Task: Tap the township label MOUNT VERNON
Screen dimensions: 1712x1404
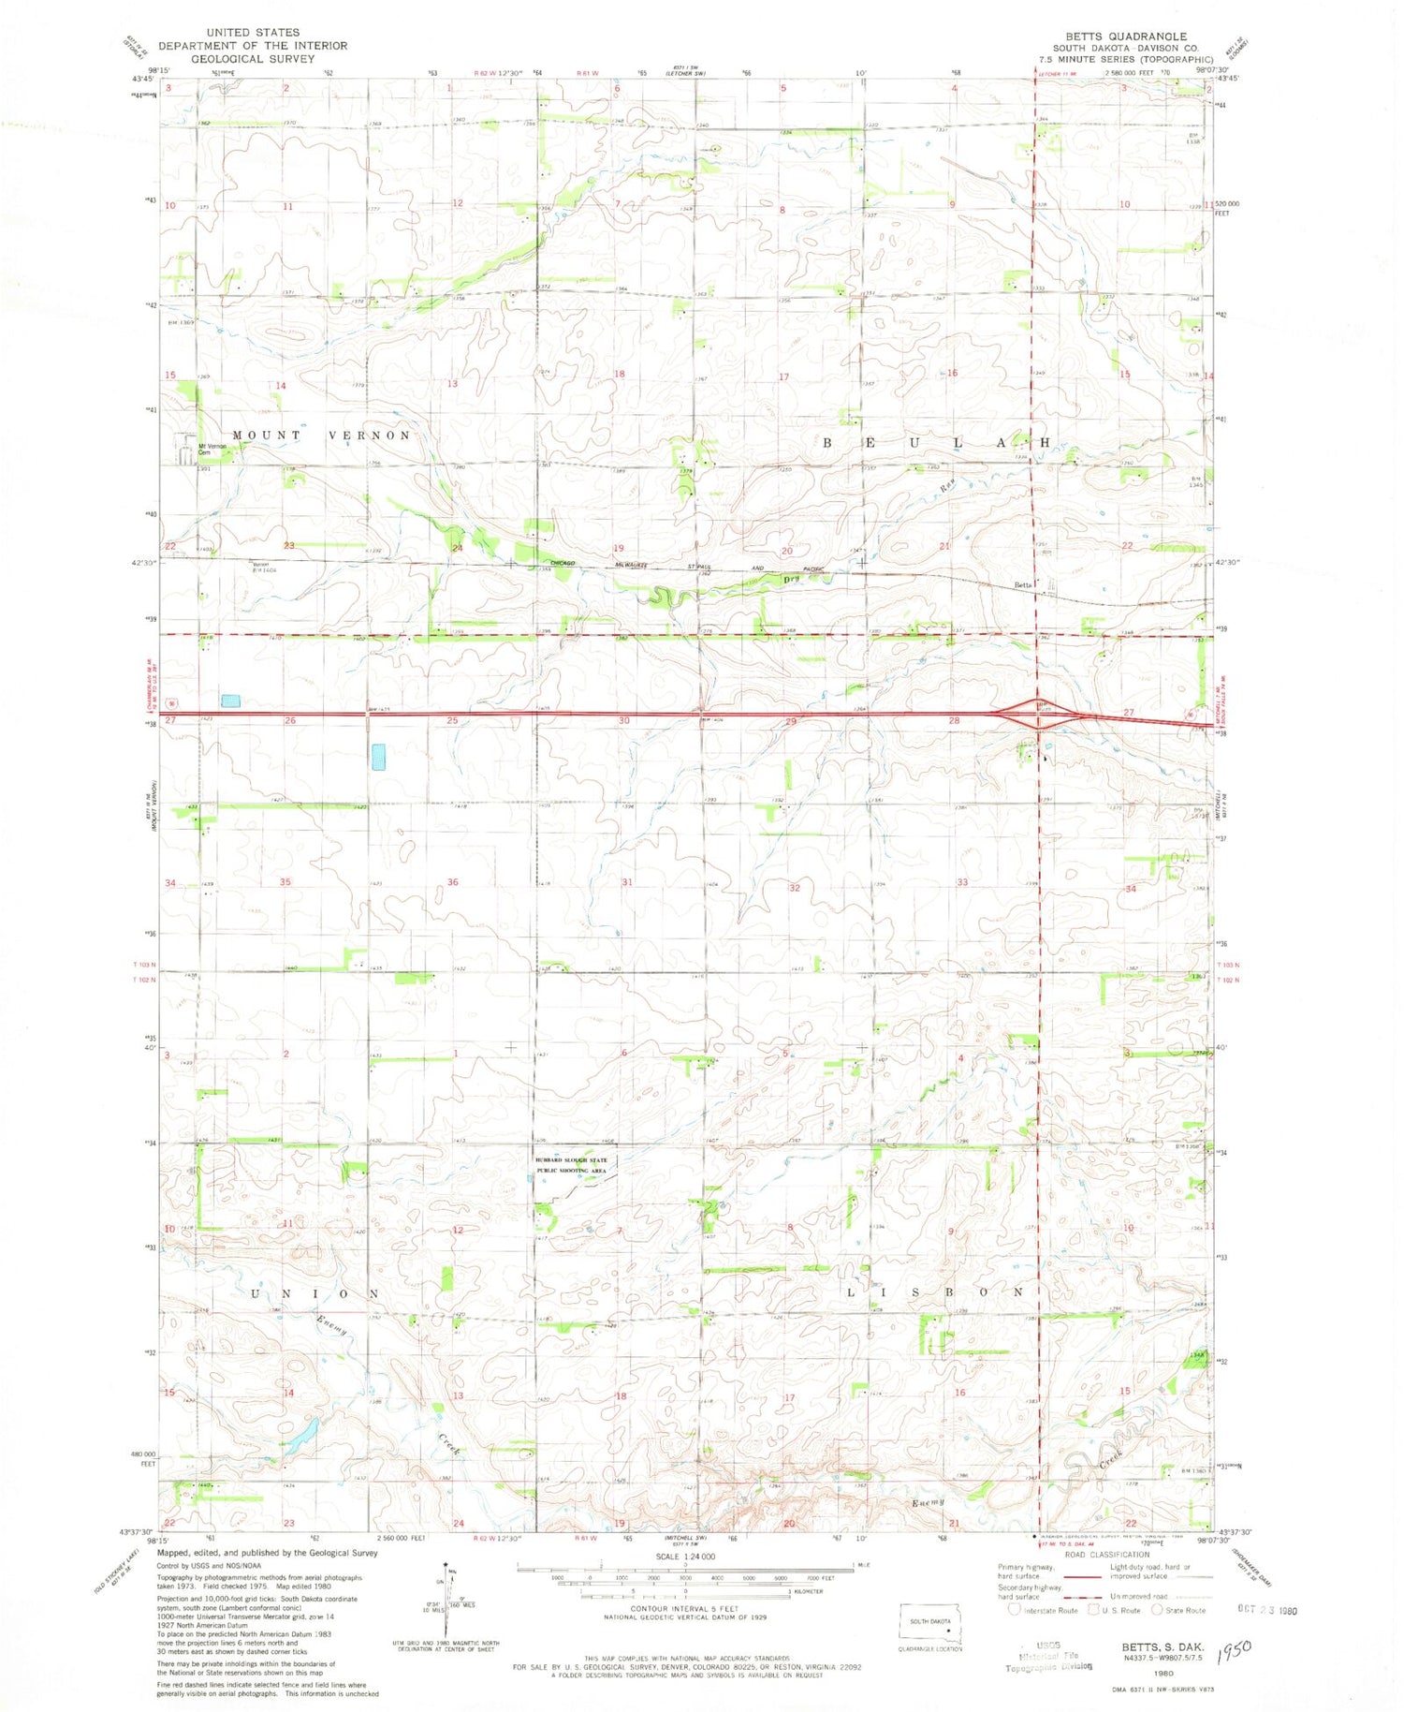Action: (321, 435)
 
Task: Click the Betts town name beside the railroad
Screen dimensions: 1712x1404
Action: (1023, 585)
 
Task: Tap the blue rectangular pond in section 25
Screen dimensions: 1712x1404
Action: (378, 757)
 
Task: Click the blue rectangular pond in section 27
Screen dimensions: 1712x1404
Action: (230, 701)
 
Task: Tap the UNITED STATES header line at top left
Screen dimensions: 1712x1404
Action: (253, 32)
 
